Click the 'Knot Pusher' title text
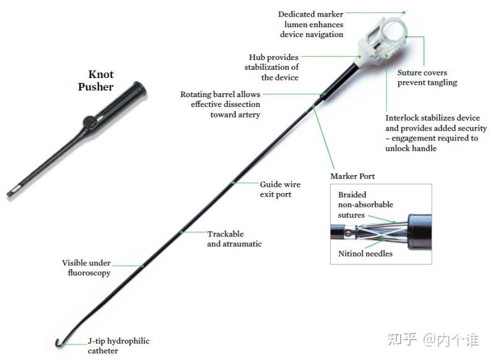(x=96, y=80)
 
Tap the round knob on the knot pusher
(x=91, y=120)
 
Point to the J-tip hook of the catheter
(x=57, y=341)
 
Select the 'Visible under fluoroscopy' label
(x=87, y=267)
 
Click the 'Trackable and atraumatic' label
(x=234, y=239)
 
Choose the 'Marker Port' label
(x=352, y=176)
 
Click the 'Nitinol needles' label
(x=365, y=254)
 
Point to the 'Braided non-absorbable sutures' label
(x=365, y=205)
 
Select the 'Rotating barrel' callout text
(x=220, y=104)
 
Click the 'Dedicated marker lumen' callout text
(x=310, y=24)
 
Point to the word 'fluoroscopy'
(x=87, y=272)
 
